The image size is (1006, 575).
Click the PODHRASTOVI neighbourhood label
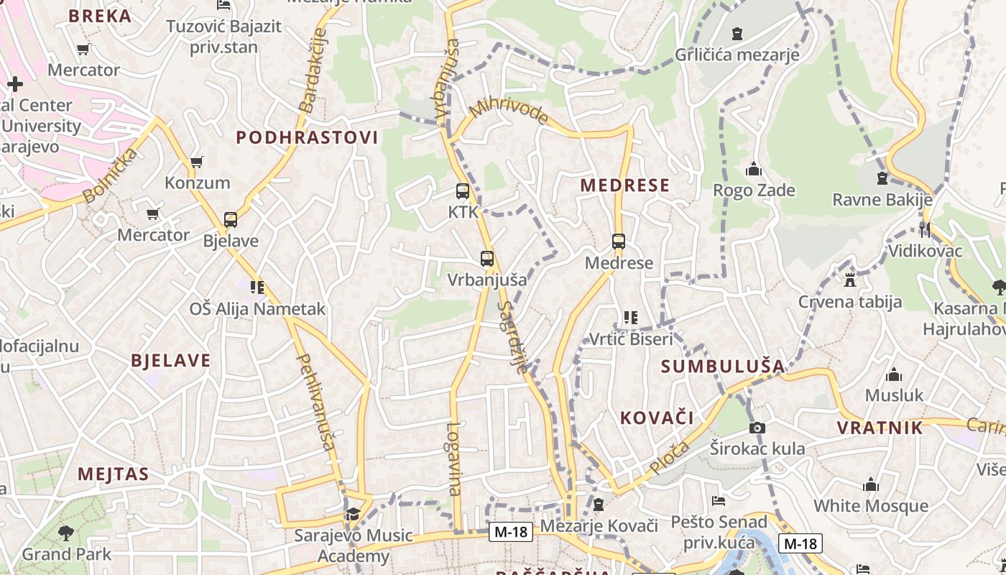pyautogui.click(x=307, y=138)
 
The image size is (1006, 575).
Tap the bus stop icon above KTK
pyautogui.click(x=463, y=191)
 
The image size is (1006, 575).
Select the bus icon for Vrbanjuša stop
pyautogui.click(x=487, y=259)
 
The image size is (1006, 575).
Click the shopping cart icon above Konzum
pyautogui.click(x=196, y=162)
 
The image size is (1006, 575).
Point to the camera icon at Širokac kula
pyautogui.click(x=757, y=428)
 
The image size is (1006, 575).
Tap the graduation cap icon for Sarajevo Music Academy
pyautogui.click(x=352, y=514)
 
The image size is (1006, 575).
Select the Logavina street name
pyautogui.click(x=453, y=458)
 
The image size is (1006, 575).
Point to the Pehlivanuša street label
pyautogui.click(x=315, y=402)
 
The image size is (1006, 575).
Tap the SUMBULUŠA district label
pyautogui.click(x=723, y=366)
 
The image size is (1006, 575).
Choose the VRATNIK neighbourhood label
pyautogui.click(x=880, y=428)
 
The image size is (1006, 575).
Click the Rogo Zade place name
pyautogui.click(x=754, y=190)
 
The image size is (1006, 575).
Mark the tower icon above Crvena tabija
pyautogui.click(x=850, y=280)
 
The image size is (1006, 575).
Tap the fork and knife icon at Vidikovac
pyautogui.click(x=924, y=230)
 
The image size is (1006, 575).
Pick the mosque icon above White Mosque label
pyautogui.click(x=871, y=485)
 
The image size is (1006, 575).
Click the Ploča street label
pyautogui.click(x=668, y=458)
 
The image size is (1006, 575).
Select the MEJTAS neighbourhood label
pyautogui.click(x=114, y=474)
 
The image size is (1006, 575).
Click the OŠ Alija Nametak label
pyautogui.click(x=257, y=309)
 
